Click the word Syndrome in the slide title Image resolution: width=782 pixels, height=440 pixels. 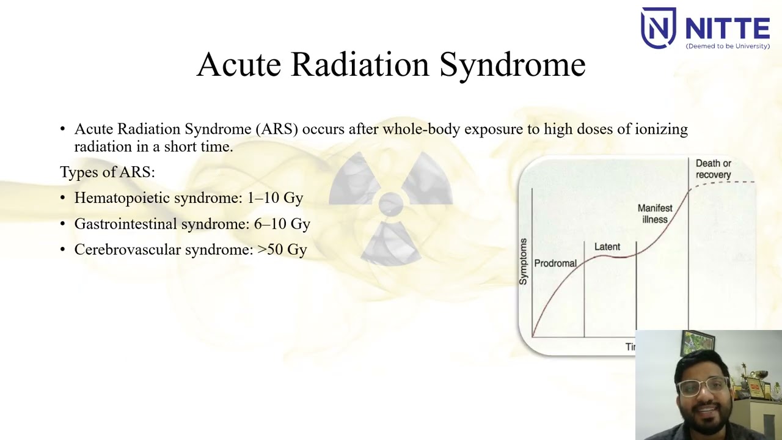[512, 65]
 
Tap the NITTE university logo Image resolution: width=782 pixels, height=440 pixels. [705, 28]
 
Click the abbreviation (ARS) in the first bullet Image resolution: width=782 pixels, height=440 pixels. [277, 129]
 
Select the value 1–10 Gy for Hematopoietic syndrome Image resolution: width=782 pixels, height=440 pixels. [275, 198]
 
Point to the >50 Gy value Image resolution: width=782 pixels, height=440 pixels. [282, 249]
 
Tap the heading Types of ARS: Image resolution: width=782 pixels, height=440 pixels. [108, 172]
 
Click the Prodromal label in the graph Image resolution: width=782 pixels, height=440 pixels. [555, 263]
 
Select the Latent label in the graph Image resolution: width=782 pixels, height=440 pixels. [607, 247]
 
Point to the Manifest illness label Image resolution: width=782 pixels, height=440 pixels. [654, 214]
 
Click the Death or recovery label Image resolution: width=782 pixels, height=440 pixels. [713, 169]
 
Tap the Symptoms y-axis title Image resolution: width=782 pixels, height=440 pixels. [523, 262]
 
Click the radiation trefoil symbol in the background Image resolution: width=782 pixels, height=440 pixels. [390, 205]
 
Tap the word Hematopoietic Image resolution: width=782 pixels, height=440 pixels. [122, 198]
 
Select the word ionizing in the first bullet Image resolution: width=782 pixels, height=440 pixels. [661, 129]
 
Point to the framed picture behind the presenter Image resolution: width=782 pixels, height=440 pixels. [697, 343]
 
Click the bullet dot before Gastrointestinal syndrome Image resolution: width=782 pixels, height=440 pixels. [63, 224]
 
